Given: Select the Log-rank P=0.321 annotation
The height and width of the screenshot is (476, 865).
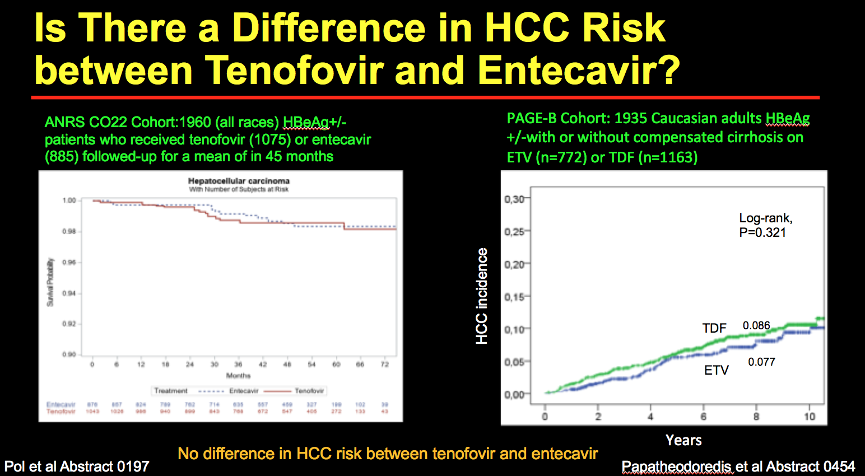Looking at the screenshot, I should [765, 225].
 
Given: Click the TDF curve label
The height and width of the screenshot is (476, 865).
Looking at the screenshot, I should [714, 328].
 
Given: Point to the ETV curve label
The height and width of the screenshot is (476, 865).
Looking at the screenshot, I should [716, 370].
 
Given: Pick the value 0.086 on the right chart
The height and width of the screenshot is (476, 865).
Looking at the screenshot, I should [756, 325].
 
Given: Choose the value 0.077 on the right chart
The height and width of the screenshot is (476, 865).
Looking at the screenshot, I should [761, 362].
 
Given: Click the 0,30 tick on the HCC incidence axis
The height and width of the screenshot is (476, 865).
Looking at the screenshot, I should [514, 199].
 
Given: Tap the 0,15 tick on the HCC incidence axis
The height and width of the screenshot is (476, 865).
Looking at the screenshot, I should [514, 297].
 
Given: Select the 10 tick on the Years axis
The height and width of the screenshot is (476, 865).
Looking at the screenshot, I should [810, 416].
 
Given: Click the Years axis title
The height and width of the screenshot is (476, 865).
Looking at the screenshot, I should [683, 440].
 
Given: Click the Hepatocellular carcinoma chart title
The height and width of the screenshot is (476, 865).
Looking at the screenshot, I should [239, 181].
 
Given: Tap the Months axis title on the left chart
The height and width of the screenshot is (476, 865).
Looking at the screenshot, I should [238, 375].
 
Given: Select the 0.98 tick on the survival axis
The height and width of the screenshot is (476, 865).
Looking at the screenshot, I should [69, 231].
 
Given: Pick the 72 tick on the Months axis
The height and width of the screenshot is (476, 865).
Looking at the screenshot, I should [384, 364].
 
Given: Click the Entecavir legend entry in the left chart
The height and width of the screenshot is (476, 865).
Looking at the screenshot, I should [244, 391].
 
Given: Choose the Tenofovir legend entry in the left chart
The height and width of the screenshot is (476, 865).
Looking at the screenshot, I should [309, 391].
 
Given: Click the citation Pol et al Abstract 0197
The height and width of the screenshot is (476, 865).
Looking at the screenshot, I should [77, 466].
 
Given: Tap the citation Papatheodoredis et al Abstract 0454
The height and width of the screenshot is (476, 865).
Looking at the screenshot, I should [738, 466].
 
